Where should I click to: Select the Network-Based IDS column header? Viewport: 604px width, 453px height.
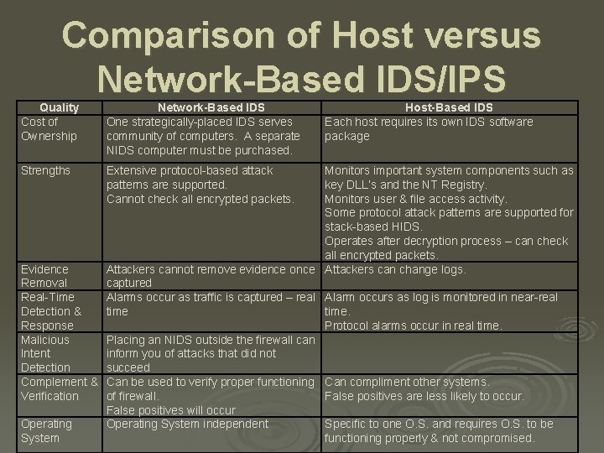(211, 107)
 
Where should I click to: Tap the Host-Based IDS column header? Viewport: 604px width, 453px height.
(449, 107)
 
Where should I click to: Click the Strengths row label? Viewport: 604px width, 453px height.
(46, 171)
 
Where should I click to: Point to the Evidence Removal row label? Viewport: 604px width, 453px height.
(44, 276)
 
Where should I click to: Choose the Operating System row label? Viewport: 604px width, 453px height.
(46, 431)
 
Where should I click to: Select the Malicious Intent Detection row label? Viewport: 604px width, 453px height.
(46, 353)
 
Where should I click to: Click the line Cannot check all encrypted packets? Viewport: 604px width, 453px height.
(200, 199)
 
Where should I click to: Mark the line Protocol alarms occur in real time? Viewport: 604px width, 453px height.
(414, 325)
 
